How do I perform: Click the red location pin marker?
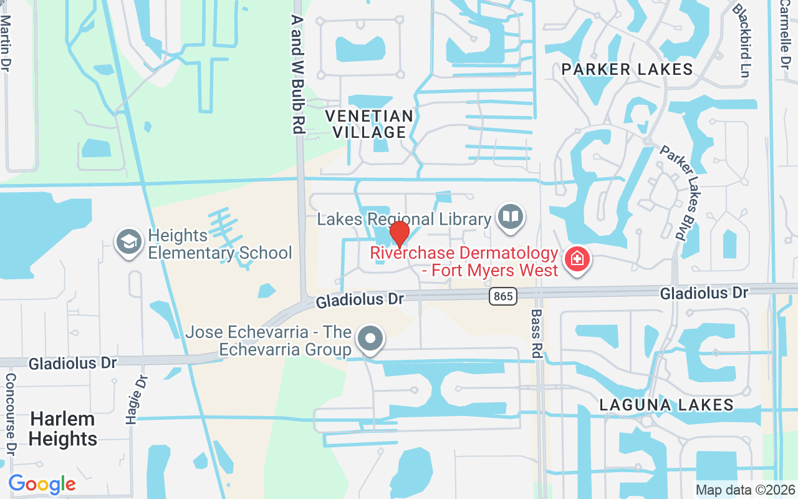(x=399, y=234)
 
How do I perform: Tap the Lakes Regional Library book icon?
(x=511, y=218)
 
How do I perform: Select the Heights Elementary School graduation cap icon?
(x=129, y=242)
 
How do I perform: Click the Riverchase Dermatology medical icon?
(x=577, y=261)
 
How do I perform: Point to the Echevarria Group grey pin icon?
(x=371, y=339)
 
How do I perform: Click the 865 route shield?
(x=503, y=296)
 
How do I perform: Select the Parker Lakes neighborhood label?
(x=627, y=69)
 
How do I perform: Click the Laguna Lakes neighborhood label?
(x=666, y=405)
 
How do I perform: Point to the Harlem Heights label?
(x=63, y=429)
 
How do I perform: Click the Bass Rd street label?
(x=536, y=333)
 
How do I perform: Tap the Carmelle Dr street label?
(x=784, y=34)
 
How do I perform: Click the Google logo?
(x=42, y=484)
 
